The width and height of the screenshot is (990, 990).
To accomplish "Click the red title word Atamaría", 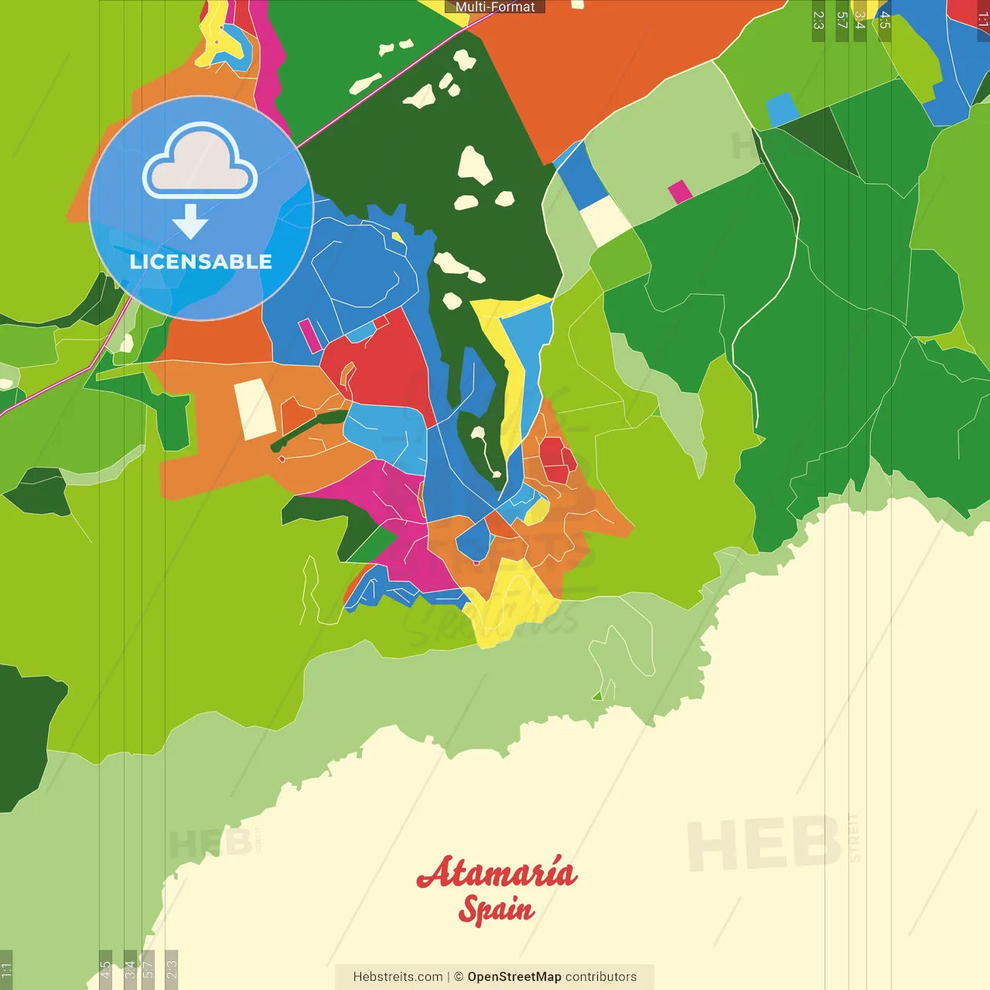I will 497,873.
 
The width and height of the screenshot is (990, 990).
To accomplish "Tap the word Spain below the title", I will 496,909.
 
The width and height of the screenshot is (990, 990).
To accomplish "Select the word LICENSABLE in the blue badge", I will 200,262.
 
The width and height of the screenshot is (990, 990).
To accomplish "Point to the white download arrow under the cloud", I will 190,221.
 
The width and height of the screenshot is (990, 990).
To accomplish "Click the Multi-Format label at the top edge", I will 494,7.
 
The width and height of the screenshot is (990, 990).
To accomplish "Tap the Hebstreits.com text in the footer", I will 398,977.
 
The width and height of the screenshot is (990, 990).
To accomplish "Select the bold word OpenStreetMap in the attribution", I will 514,977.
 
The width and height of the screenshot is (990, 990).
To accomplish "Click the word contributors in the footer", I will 601,977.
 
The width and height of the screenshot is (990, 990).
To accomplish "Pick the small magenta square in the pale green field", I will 680,191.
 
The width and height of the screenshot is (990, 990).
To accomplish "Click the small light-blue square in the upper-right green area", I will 782,109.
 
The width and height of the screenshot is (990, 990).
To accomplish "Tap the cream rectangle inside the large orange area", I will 254,409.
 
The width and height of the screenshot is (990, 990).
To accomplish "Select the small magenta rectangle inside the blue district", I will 310,335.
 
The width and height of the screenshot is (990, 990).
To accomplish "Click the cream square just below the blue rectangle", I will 605,220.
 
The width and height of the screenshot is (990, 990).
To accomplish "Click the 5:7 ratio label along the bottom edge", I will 148,968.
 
